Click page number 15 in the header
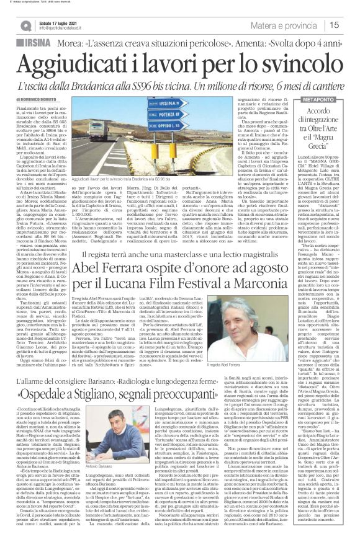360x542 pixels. point(350,25)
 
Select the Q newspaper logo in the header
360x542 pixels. point(25,25)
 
